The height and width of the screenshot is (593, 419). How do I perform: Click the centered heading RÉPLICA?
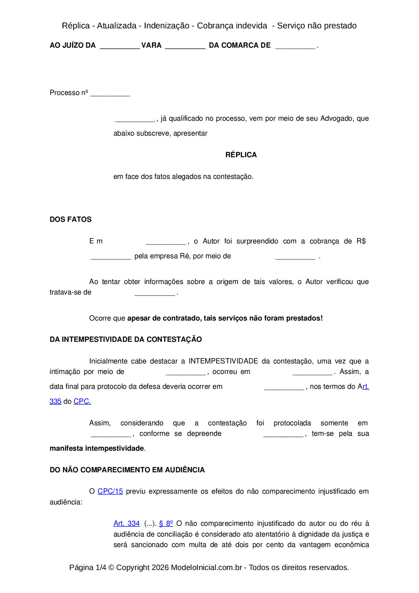pos(241,155)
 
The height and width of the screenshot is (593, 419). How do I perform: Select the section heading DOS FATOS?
pos(71,219)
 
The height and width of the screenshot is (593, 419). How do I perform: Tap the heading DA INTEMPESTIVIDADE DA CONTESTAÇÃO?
pos(126,339)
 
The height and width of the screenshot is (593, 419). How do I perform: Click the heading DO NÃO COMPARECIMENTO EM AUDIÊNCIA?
pos(127,470)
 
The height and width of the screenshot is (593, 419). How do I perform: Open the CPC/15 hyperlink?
pos(110,491)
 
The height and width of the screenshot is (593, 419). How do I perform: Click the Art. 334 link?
pos(126,523)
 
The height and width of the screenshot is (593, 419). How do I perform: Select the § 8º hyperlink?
pos(166,523)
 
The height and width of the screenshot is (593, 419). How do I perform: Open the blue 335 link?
pos(55,401)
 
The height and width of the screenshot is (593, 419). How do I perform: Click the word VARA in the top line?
pos(151,45)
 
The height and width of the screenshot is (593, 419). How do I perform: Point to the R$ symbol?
pos(361,241)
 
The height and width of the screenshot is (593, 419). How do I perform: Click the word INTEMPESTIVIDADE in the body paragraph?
pos(223,361)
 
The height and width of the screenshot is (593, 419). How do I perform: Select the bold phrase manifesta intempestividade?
pos(97,448)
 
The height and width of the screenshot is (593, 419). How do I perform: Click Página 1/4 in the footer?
pos(88,567)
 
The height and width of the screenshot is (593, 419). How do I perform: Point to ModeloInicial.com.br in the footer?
pos(206,567)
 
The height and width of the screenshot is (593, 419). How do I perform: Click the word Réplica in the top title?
pos(76,26)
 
